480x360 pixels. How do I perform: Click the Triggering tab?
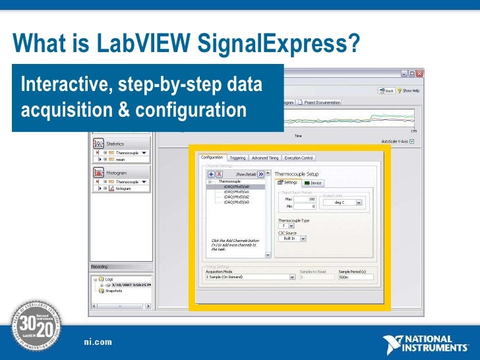click(x=237, y=158)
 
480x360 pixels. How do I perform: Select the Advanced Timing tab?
click(x=264, y=158)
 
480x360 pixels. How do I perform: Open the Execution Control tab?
click(x=299, y=158)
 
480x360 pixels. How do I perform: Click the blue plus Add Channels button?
click(x=211, y=173)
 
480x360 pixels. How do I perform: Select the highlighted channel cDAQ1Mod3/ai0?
click(x=236, y=187)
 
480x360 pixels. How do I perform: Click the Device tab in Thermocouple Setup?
click(x=313, y=183)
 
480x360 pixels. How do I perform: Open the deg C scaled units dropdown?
click(x=343, y=203)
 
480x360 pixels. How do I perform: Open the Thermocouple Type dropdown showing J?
click(x=286, y=225)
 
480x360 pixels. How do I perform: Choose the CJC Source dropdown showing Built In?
click(x=291, y=239)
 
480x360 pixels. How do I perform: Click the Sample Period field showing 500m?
click(x=355, y=278)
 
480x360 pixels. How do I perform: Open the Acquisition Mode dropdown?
click(x=249, y=278)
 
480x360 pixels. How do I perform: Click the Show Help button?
click(x=408, y=90)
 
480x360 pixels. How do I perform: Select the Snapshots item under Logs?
click(x=115, y=290)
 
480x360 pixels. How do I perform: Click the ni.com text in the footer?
click(x=98, y=342)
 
